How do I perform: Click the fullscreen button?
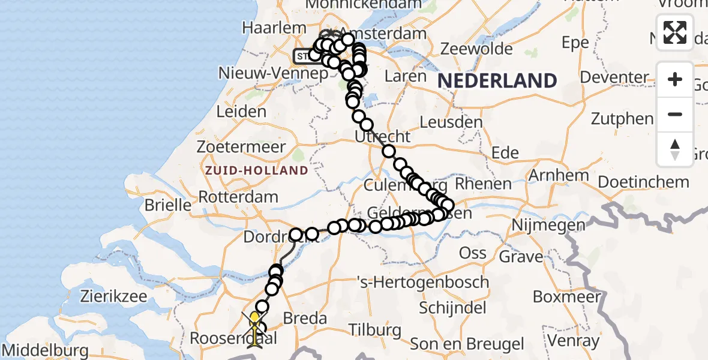click(x=675, y=32)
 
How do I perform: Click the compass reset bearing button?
click(x=675, y=149)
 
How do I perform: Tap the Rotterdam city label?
click(x=238, y=197)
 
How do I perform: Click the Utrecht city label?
click(x=383, y=137)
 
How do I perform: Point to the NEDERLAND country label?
click(x=497, y=80)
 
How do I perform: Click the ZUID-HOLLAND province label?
click(x=256, y=170)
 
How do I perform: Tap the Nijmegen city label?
click(x=548, y=226)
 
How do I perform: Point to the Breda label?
click(x=306, y=319)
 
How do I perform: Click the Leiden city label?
click(x=241, y=112)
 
